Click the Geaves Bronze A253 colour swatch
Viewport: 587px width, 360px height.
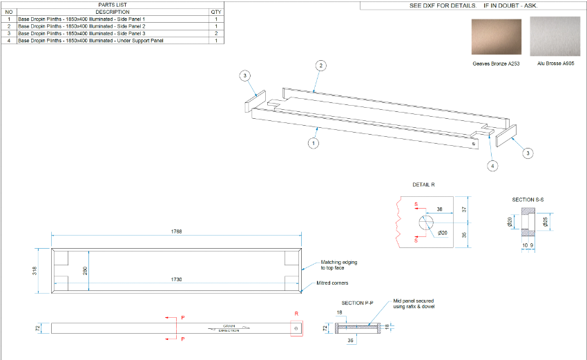[496, 37]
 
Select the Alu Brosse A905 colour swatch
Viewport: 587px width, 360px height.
[552, 37]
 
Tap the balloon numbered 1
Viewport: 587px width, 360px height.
[314, 144]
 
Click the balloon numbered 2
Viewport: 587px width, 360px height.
[321, 66]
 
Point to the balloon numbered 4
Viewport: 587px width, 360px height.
[492, 166]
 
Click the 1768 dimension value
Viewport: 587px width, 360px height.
[176, 231]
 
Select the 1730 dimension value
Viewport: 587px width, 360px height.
[177, 279]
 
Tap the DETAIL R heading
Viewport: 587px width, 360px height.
[424, 184]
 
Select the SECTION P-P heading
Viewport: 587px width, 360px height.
[358, 303]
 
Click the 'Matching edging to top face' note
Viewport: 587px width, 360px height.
[339, 265]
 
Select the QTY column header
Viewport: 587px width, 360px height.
[216, 12]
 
